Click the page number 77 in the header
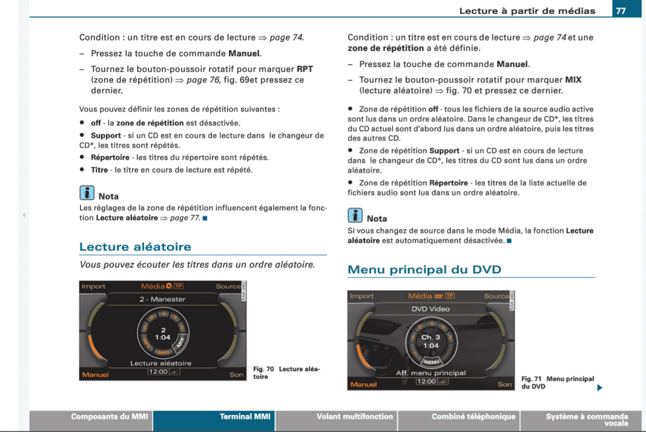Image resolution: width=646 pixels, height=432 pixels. pos(621,11)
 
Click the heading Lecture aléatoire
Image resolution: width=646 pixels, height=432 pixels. pos(135,247)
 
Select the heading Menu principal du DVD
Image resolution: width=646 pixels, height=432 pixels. pos(424,269)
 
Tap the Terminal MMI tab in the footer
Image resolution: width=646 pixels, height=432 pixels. pos(245,417)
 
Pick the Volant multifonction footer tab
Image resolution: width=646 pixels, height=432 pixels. pos(355,417)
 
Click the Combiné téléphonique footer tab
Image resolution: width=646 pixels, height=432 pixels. pos(473,417)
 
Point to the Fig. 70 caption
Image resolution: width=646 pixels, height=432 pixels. pos(286,373)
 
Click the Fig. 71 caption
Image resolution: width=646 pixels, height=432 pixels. pos(557,382)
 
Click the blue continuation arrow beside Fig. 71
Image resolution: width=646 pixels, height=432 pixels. pos(599,387)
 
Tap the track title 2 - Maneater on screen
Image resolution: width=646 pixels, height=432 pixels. pos(162,300)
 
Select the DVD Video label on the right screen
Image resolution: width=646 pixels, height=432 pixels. pos(430,309)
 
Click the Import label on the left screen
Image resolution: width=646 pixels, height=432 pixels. pos(93,286)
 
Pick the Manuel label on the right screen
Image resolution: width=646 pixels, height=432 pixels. pos(363,384)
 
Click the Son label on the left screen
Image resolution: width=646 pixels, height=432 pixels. pos(236,375)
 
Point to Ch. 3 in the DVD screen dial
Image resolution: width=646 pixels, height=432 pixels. pos(430,337)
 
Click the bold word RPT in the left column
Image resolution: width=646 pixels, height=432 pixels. pos(305,69)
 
